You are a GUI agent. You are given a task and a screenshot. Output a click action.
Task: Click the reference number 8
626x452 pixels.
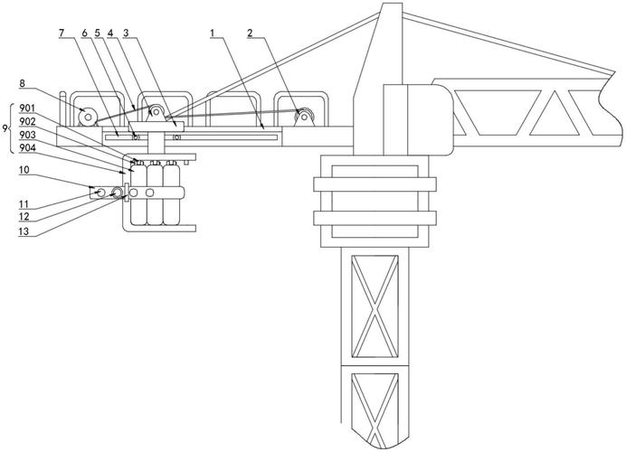point(23,83)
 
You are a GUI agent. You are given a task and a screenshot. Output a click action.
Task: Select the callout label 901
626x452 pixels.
point(27,108)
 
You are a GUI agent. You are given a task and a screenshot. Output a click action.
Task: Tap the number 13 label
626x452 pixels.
point(24,231)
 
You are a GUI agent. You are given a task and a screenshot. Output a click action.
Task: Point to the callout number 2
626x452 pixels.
point(250,33)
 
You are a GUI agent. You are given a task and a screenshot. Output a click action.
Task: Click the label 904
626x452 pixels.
point(27,148)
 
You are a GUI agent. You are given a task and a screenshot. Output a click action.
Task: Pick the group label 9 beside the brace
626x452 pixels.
point(5,128)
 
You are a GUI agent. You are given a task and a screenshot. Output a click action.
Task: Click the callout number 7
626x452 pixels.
point(62,33)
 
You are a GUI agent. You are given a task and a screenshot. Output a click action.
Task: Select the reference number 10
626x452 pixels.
point(24,170)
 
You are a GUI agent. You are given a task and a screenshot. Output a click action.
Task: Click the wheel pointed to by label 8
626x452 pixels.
point(89,117)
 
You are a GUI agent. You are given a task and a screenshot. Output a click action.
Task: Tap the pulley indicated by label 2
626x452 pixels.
point(304,116)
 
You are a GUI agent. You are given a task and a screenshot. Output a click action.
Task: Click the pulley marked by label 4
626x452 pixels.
point(156,112)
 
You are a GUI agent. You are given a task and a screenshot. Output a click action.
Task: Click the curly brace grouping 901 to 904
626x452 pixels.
point(12,128)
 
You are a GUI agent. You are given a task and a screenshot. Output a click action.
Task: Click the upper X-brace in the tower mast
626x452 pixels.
point(375,306)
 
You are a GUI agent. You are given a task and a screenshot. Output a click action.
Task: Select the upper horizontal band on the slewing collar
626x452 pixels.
point(375,184)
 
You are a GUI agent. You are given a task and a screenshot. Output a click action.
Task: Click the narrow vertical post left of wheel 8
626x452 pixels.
point(62,108)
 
